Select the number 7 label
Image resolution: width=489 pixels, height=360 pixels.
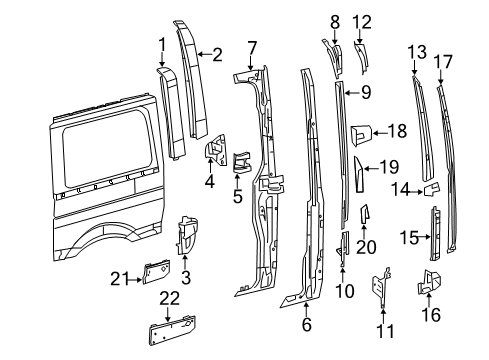pyautogui.click(x=252, y=46)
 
